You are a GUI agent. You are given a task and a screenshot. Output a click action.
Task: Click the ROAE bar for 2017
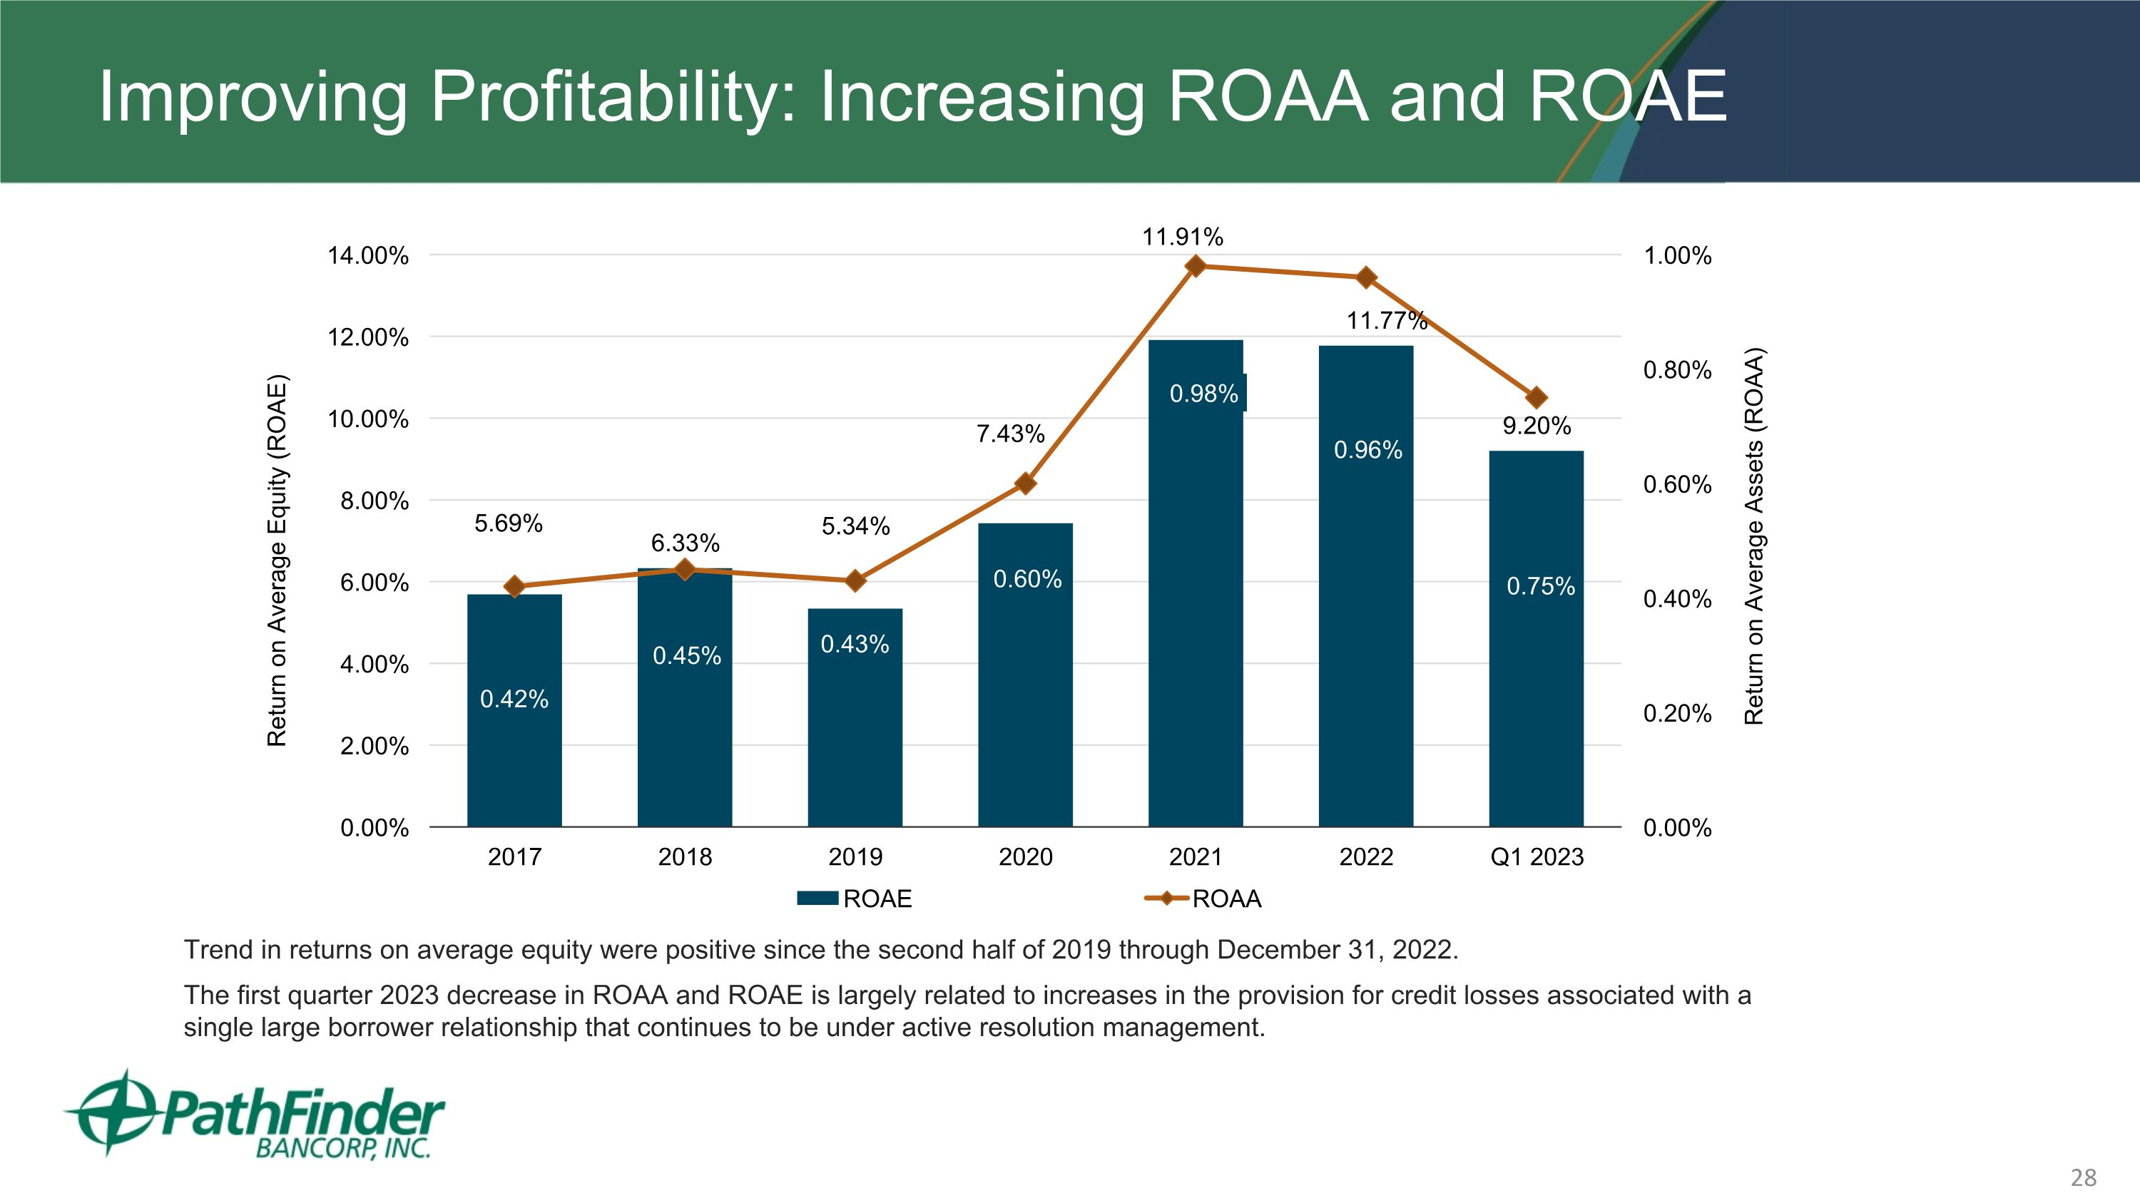click(514, 747)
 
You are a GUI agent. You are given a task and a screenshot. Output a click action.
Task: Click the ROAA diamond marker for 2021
click(1196, 266)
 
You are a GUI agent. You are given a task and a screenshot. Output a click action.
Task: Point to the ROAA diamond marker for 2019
click(855, 580)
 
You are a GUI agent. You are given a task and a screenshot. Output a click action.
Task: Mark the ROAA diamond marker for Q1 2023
click(1536, 398)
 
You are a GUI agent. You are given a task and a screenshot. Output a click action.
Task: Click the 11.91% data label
click(1182, 237)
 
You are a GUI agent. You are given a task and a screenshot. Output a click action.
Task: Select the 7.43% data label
click(1010, 434)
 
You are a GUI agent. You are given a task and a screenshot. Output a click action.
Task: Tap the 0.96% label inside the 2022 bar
click(1367, 450)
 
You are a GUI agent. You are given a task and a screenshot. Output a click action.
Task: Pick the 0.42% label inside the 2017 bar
click(514, 699)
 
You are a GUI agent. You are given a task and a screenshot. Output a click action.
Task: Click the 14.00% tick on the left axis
click(368, 256)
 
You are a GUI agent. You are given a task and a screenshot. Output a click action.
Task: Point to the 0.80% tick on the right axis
click(1677, 370)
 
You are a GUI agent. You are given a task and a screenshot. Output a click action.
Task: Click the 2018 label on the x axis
click(685, 857)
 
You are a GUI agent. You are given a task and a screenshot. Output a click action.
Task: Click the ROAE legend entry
click(856, 899)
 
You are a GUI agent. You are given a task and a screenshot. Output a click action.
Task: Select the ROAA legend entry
click(1205, 899)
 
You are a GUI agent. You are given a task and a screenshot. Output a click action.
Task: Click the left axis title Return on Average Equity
click(277, 561)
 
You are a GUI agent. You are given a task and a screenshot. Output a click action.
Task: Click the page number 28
click(2083, 1177)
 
